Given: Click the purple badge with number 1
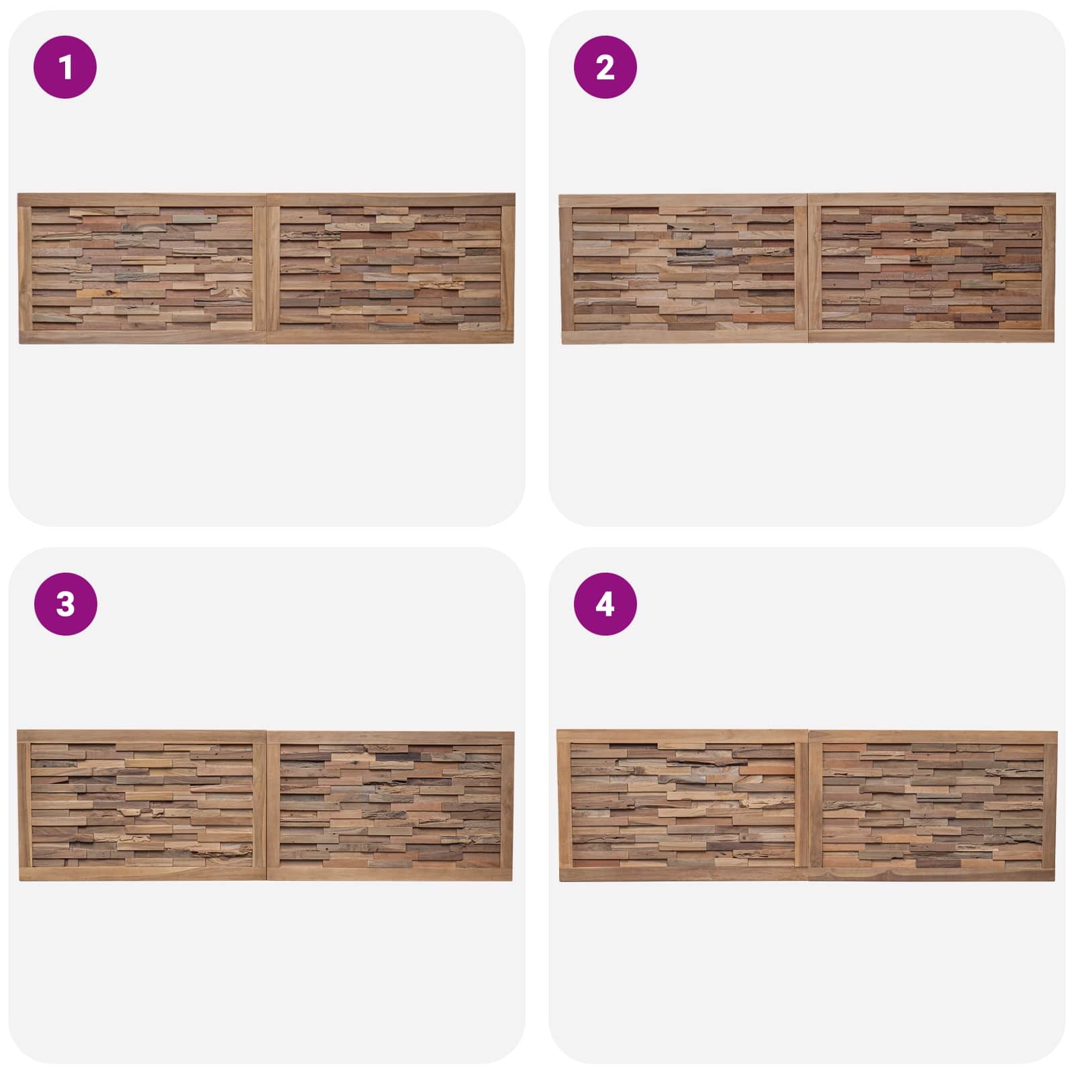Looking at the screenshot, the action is tap(65, 67).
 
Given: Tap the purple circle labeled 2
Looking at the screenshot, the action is tap(605, 67).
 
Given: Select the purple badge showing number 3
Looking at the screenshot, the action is tap(65, 604).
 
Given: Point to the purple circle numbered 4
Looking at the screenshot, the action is tap(605, 604).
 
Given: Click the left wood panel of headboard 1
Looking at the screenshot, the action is tap(142, 268).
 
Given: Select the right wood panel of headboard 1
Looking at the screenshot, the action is tap(391, 268).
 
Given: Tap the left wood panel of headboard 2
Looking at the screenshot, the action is tap(683, 269).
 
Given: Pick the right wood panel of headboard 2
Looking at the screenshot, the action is tap(932, 268).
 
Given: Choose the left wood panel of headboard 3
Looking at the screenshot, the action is tap(142, 805).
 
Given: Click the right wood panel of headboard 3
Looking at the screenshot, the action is tap(391, 805).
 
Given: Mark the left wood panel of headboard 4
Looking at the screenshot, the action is tap(683, 805).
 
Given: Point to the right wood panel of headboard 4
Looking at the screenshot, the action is tap(933, 805).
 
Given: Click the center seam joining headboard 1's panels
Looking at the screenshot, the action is tap(267, 268).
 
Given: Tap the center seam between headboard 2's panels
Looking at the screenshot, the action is tap(808, 268).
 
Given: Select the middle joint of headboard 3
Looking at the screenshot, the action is tap(267, 805).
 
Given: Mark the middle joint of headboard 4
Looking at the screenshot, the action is tap(809, 805).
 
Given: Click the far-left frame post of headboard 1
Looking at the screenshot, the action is tap(25, 268).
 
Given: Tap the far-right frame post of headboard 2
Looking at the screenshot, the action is tap(1048, 268).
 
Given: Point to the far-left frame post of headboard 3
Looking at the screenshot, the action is tap(24, 805).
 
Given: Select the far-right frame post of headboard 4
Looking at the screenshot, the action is tap(1051, 805).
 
